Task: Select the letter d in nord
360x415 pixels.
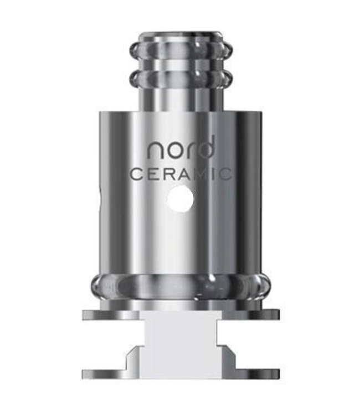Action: [205, 149]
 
